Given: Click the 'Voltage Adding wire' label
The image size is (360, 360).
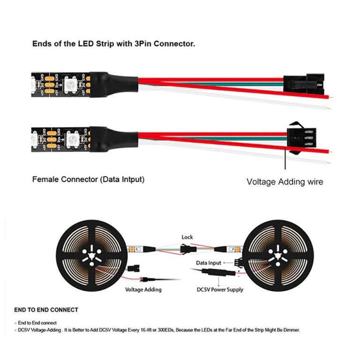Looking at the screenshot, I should point(285,181).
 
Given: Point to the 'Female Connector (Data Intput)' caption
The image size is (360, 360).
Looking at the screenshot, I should point(88,179).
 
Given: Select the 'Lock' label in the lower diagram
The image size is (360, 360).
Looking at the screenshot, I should point(187,237).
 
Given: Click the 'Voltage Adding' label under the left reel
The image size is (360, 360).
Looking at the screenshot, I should point(143,290).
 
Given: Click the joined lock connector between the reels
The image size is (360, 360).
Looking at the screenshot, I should point(187,249).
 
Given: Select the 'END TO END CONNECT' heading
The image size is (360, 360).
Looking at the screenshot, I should point(46,310).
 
